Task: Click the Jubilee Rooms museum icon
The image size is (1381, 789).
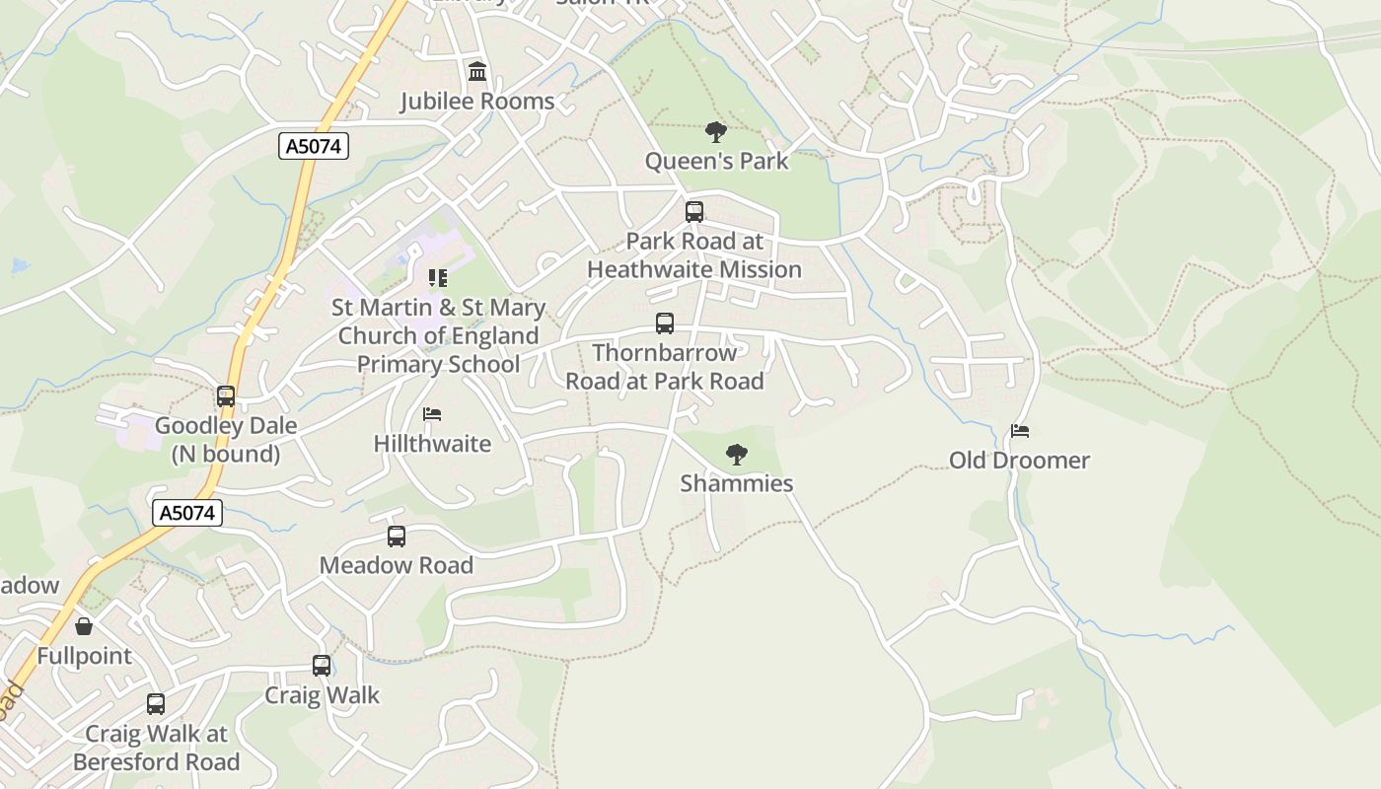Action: point(477,71)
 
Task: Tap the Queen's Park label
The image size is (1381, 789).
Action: point(717,161)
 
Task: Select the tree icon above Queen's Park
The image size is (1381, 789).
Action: point(716,131)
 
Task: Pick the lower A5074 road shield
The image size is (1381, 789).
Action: point(187,513)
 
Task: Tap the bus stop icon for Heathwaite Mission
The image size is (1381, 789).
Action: point(694,212)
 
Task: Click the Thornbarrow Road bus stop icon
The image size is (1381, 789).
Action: point(665,323)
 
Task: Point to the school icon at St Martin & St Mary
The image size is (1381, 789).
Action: point(437,279)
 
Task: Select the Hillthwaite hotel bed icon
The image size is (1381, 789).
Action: point(432,415)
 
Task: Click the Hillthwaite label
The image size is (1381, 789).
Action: point(432,444)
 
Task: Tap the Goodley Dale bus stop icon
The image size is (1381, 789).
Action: point(226,396)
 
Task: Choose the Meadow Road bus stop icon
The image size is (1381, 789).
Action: point(397,537)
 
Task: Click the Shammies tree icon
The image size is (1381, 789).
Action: point(736,455)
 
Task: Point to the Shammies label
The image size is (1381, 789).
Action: point(737,483)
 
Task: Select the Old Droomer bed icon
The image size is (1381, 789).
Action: point(1020,431)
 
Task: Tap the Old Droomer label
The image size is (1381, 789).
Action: point(1019,461)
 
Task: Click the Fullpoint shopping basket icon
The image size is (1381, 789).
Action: point(84,626)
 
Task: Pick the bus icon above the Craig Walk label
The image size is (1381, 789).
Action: point(322,666)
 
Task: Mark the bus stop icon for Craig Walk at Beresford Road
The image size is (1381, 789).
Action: point(156,704)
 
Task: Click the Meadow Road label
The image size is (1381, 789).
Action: point(397,565)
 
